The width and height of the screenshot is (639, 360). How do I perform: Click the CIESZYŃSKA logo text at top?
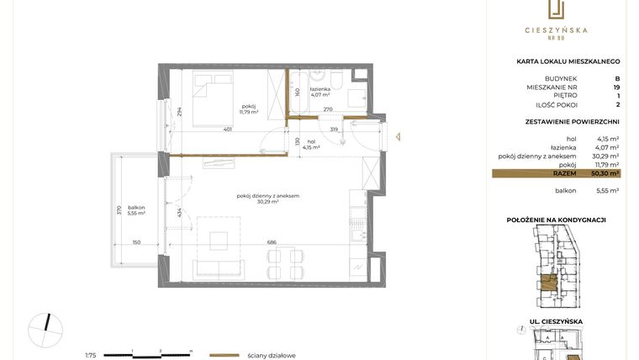(556, 30)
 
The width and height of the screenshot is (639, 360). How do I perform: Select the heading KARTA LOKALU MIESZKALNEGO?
(568, 61)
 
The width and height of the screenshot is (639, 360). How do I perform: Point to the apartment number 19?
(616, 86)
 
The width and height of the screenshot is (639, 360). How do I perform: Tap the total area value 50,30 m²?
(605, 173)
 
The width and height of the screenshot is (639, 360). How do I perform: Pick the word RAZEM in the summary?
(565, 173)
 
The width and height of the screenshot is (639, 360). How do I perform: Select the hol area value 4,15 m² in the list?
(607, 138)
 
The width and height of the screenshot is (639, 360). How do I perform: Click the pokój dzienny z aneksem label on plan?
(268, 196)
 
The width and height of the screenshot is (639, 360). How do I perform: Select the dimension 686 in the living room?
(272, 242)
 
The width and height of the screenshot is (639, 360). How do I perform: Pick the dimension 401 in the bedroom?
(229, 130)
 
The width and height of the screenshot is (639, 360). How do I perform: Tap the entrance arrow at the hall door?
(402, 133)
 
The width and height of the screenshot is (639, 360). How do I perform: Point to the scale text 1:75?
(91, 355)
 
